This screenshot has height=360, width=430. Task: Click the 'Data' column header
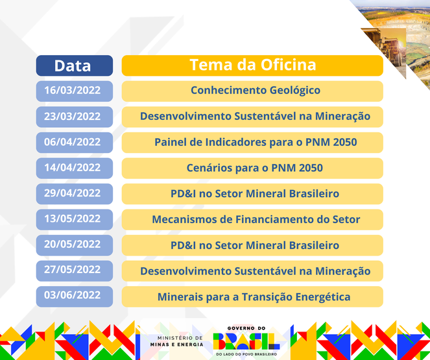[x=73, y=66]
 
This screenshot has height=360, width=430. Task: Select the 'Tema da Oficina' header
[x=252, y=66]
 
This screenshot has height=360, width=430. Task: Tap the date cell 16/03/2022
[x=73, y=90]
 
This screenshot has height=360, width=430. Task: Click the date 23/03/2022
[x=73, y=116]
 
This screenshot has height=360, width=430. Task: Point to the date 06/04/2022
[x=73, y=141]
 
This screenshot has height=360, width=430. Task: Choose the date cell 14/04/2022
[x=73, y=167]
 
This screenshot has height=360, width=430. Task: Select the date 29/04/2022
[x=73, y=193]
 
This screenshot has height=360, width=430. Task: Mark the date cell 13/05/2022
[x=73, y=219]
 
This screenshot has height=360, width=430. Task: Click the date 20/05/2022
[x=73, y=245]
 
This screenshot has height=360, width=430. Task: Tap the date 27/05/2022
[x=73, y=270]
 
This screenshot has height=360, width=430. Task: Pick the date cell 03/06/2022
[x=73, y=296]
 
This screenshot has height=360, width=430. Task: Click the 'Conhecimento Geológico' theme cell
[x=252, y=90]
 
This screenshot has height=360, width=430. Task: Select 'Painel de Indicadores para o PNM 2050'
[x=252, y=141]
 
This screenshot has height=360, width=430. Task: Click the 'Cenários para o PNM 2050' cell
[x=252, y=167]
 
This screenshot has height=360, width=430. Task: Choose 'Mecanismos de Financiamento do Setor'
[x=252, y=219]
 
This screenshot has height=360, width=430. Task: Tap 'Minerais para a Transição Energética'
[x=252, y=296]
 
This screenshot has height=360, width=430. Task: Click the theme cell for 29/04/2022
[x=252, y=193]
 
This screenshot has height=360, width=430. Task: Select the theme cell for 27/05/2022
[x=252, y=270]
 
